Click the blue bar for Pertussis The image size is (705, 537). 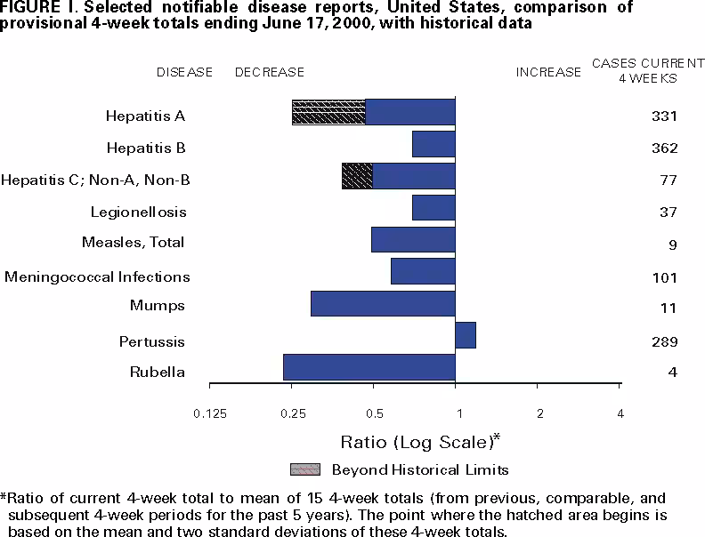coord(466,335)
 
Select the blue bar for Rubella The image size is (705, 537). coord(369,367)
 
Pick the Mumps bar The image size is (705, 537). coord(383,303)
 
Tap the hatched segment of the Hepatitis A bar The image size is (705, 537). coord(328,112)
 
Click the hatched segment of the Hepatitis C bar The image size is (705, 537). coord(357,176)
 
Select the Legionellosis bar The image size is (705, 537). coord(434,207)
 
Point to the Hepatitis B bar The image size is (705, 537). coord(434,143)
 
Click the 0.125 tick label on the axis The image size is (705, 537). coord(209,413)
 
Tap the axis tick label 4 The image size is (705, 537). coord(620,413)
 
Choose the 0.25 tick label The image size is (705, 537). coord(292,413)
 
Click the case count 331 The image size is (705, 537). coord(664,116)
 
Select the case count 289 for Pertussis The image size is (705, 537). coord(664,341)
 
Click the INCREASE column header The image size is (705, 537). coord(548,72)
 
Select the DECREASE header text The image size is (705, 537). coord(270,72)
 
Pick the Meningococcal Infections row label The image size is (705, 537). coord(97,277)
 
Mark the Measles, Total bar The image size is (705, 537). coord(413,239)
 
